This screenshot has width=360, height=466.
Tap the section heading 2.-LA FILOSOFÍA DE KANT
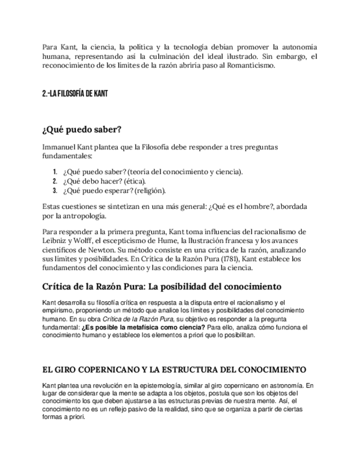pos(74,93)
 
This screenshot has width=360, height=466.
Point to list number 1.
pos(55,172)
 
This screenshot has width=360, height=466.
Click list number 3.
pos(55,191)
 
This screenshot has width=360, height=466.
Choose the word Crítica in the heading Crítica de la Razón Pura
pos(59,287)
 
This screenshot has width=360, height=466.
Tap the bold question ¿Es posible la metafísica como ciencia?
pos(143,327)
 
